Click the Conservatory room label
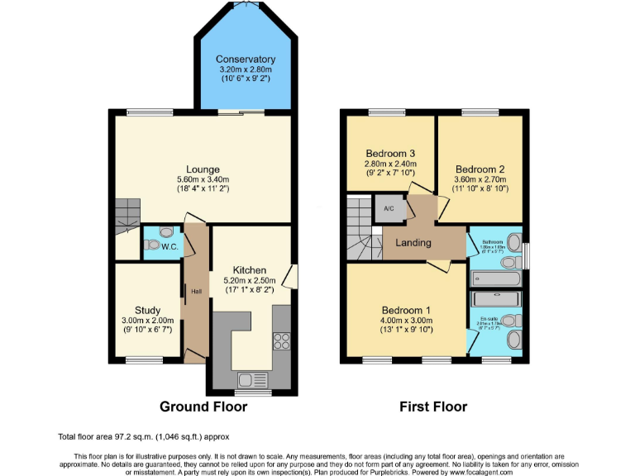point(246,59)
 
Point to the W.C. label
point(170,246)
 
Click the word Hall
point(197,292)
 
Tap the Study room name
point(147,311)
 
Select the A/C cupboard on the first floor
point(389,208)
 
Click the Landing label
point(413,243)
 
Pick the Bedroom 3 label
point(389,153)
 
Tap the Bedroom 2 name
point(479,169)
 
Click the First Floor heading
point(433,407)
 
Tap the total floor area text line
point(143,436)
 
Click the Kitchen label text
point(249,270)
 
